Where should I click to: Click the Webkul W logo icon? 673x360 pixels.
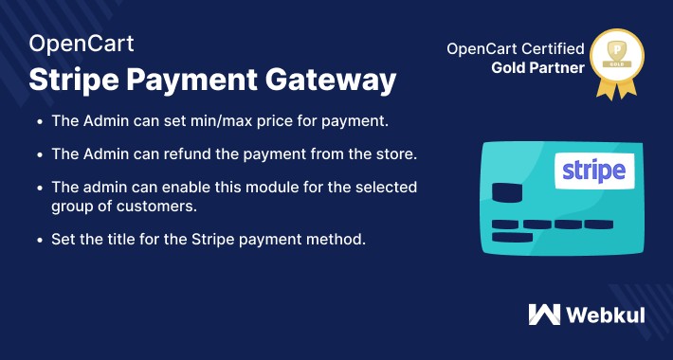pos(543,315)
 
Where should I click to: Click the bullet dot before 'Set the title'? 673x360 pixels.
pos(39,239)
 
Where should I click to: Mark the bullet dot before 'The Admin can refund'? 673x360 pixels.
pos(39,153)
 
